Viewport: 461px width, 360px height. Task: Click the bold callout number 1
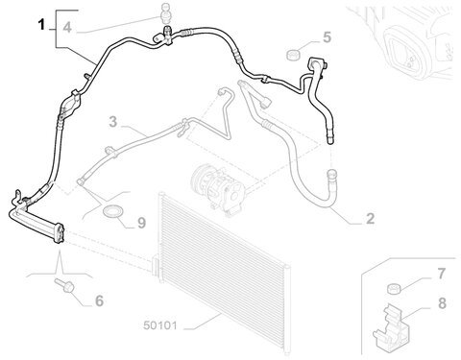(x=41, y=25)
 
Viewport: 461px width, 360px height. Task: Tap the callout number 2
(x=370, y=219)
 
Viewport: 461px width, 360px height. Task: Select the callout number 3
(x=113, y=122)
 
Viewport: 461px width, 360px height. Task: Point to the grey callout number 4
(x=67, y=28)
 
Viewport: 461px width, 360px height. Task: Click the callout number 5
(x=327, y=37)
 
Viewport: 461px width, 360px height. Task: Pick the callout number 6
(x=99, y=300)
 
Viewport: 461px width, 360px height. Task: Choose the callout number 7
(x=442, y=274)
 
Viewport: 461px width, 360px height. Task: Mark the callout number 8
(x=442, y=303)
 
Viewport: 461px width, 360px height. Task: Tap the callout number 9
(x=141, y=223)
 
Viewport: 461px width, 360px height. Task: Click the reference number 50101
(x=160, y=325)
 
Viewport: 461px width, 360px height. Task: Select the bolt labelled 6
(x=64, y=285)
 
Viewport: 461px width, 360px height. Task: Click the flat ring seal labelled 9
(x=111, y=211)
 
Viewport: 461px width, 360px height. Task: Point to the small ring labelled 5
(x=293, y=55)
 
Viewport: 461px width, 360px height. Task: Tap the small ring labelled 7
(x=394, y=289)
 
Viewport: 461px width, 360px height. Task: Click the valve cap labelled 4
(x=165, y=13)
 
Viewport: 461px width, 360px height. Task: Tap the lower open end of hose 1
(x=329, y=140)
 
